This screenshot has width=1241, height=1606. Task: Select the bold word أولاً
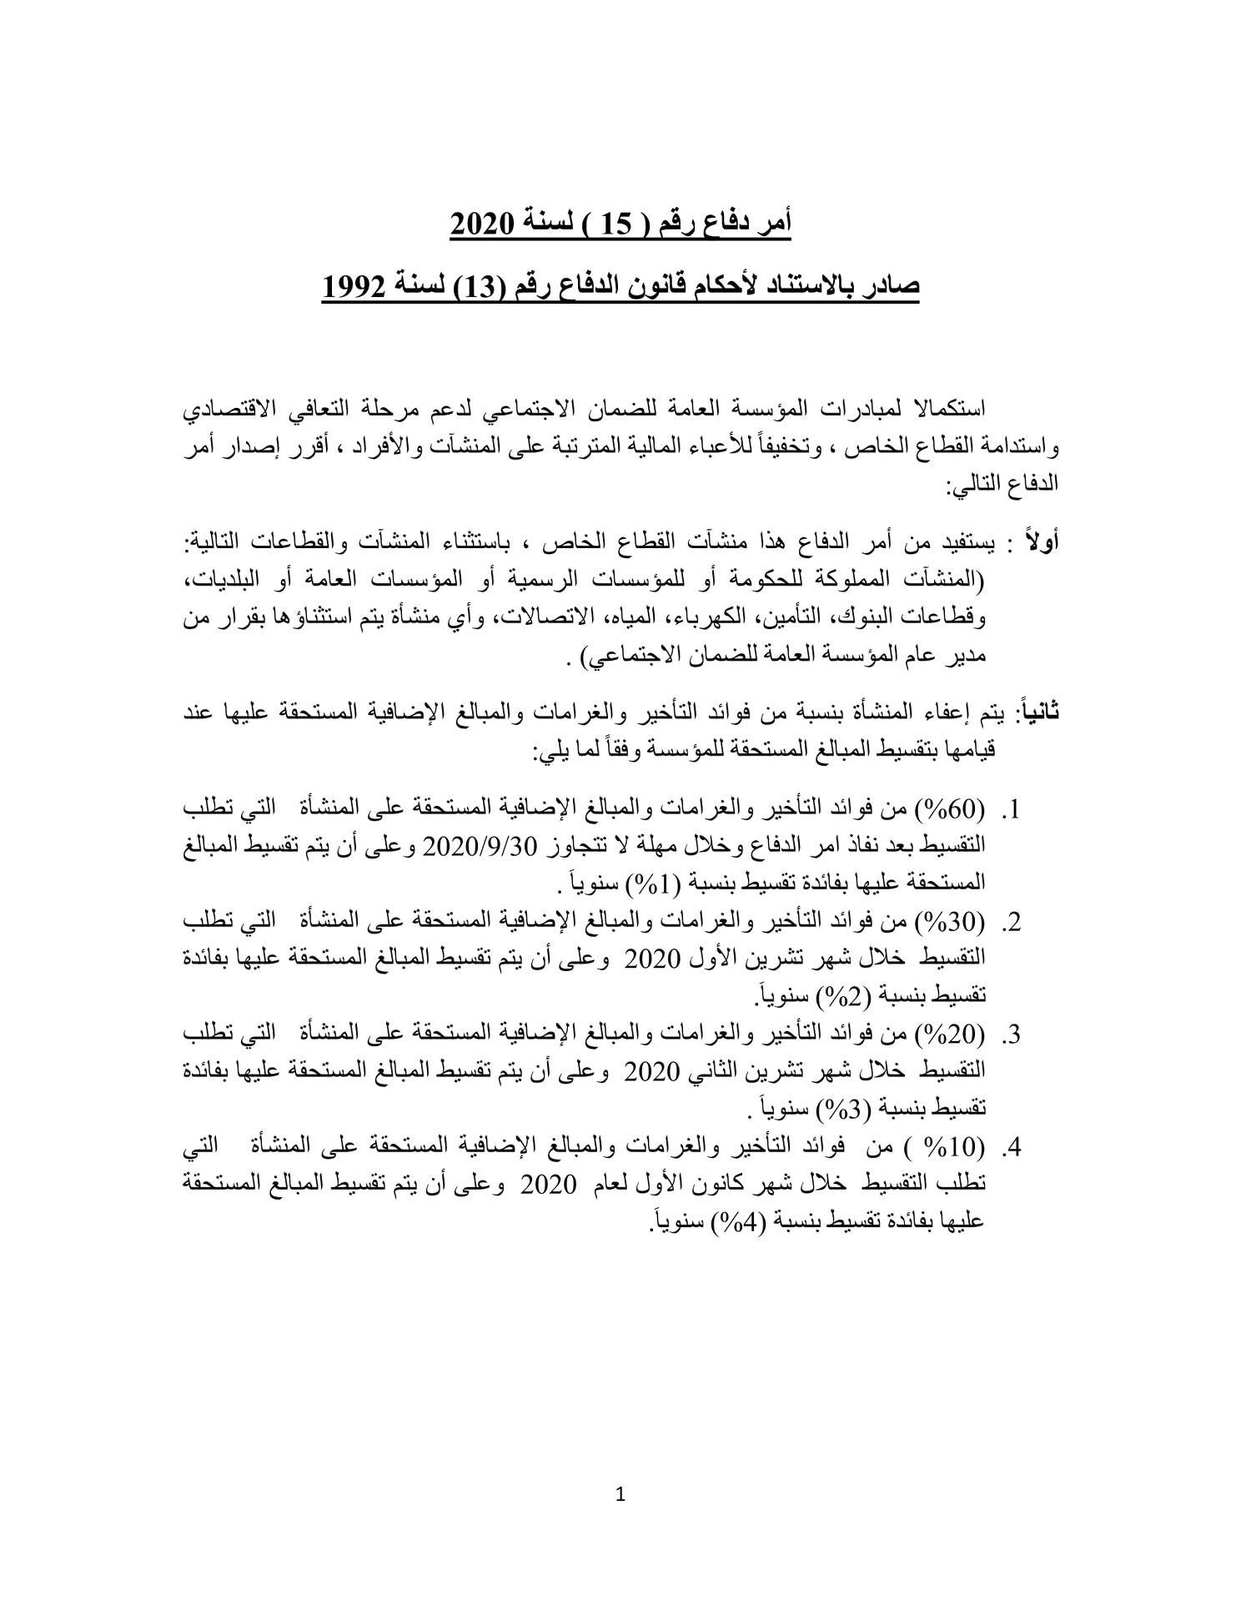[1042, 542]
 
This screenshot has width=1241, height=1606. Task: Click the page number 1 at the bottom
[620, 1494]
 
